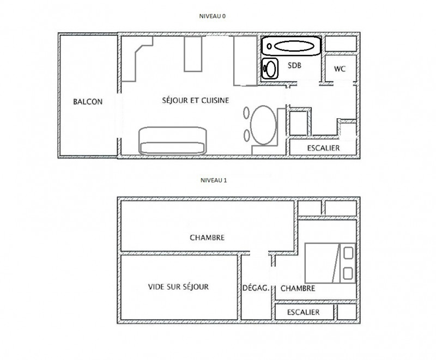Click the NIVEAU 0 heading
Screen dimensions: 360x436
click(x=212, y=17)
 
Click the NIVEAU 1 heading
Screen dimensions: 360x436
click(x=212, y=180)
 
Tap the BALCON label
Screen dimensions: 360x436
click(x=88, y=101)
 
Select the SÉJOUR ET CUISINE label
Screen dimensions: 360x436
click(x=195, y=100)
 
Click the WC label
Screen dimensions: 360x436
click(x=340, y=69)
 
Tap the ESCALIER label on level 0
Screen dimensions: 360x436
click(x=323, y=148)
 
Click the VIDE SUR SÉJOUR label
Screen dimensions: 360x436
click(x=178, y=286)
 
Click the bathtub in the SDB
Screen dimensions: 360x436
click(x=292, y=46)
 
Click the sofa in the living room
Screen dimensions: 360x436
click(x=173, y=141)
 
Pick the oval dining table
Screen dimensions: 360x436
click(x=264, y=124)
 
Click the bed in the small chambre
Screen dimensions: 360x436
click(x=329, y=263)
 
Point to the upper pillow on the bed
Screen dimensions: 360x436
click(x=347, y=253)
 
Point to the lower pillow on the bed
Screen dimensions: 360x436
click(x=347, y=273)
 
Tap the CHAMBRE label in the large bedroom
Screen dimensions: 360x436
click(x=207, y=237)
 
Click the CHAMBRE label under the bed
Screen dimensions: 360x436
click(x=298, y=289)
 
